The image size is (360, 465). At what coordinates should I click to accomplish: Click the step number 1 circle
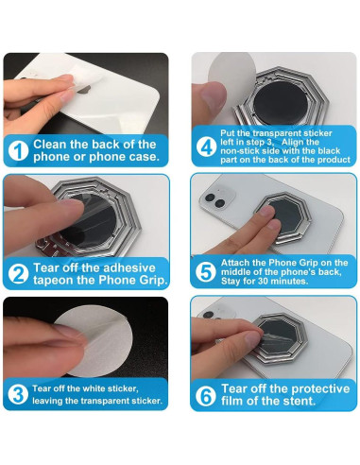18,151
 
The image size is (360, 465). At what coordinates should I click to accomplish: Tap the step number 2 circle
18,274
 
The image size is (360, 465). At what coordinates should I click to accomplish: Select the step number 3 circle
18,394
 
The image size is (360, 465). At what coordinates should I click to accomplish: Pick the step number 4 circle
206,146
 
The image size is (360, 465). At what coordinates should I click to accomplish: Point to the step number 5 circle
205,272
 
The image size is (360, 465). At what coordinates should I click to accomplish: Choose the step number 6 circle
205,396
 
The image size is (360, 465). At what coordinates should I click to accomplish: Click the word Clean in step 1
50,145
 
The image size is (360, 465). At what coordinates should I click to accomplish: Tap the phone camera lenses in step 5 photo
215,200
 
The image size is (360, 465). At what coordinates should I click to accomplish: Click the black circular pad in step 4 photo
281,102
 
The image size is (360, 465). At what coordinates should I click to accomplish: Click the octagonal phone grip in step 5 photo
283,217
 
